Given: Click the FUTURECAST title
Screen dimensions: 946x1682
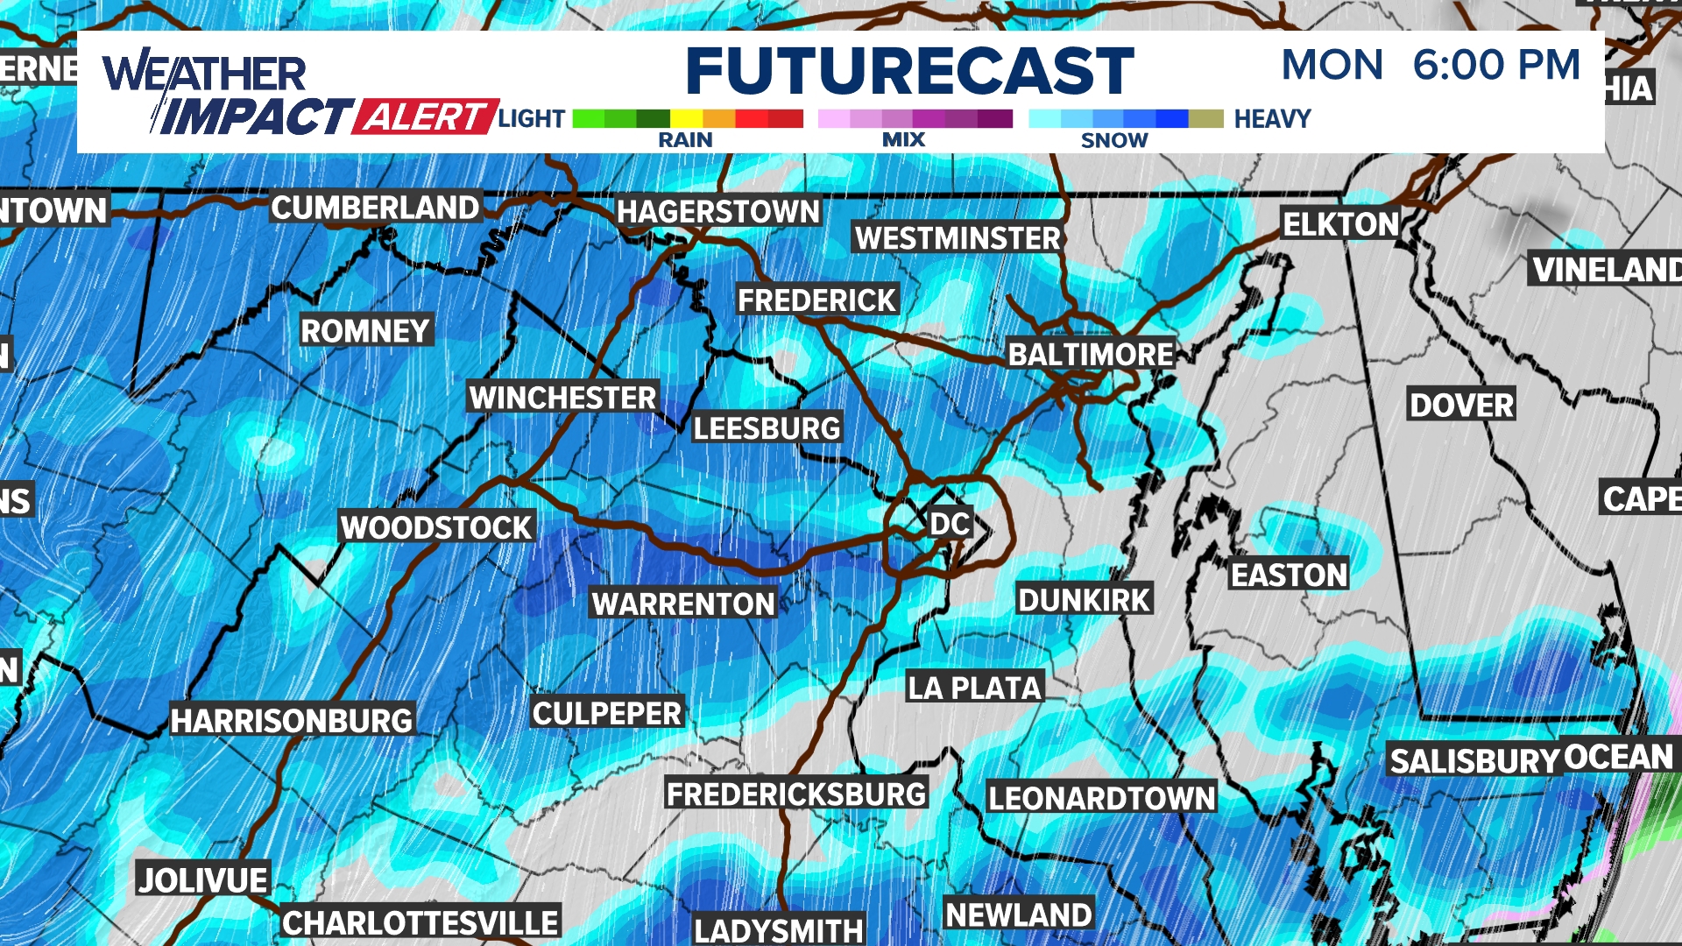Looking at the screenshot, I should click(909, 71).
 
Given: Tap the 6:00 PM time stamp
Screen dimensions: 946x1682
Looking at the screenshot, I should click(1496, 66).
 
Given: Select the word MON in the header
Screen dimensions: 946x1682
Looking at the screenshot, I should click(1332, 66).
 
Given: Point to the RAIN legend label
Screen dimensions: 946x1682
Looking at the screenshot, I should click(685, 140).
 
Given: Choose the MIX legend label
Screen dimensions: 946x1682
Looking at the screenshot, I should click(903, 140).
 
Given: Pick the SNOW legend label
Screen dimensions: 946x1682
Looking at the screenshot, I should click(1113, 140).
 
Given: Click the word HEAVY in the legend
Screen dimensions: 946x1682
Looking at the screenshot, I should click(1272, 119).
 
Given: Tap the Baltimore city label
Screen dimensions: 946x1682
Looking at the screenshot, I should click(1091, 355).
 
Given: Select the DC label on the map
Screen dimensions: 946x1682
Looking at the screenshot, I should click(950, 524).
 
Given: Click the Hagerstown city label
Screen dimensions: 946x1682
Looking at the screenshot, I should click(718, 212).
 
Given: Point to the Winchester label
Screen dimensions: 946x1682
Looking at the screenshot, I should click(562, 398).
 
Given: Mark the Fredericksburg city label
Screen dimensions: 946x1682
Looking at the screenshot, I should click(795, 794).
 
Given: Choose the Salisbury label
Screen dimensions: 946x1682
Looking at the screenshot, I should click(1474, 761).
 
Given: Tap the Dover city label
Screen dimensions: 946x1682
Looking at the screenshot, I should click(1461, 406).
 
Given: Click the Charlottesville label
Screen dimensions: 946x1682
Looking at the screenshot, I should click(420, 923).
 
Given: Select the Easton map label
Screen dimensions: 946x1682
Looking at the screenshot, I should click(1289, 575).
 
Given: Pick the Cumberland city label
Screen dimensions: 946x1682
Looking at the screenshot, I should click(375, 208).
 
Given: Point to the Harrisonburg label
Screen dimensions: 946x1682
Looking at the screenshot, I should click(292, 721).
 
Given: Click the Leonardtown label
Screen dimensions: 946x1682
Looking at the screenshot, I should click(1101, 798).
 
